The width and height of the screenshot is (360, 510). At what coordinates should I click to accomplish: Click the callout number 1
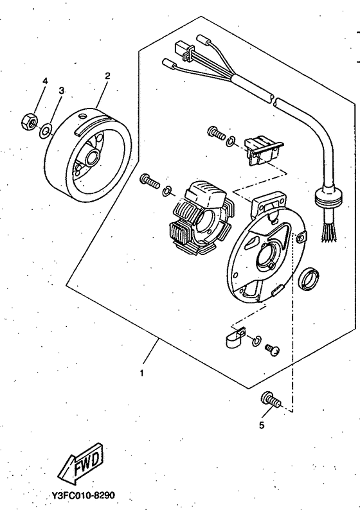coord(141,373)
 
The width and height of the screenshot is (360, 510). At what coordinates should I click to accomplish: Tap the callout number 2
coord(107,76)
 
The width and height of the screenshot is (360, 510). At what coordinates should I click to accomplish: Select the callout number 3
coord(62,91)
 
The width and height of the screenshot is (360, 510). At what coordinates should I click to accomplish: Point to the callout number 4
coord(45,81)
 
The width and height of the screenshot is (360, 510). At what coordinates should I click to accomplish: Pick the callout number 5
coord(262,425)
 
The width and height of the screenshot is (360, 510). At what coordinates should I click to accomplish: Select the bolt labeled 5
coord(271,400)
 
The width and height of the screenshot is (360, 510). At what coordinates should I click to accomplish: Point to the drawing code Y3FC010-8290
coord(84,495)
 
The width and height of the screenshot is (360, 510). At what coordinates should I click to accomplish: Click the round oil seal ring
coord(310,279)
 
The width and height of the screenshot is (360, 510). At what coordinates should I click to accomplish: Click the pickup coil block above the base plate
coord(264,150)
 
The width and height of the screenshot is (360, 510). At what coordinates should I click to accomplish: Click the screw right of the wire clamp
coord(272,350)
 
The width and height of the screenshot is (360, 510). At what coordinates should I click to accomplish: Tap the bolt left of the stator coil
coord(149,182)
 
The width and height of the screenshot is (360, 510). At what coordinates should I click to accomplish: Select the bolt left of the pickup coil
coord(216,133)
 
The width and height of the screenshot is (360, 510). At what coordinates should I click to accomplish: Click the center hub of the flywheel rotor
coord(91,155)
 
